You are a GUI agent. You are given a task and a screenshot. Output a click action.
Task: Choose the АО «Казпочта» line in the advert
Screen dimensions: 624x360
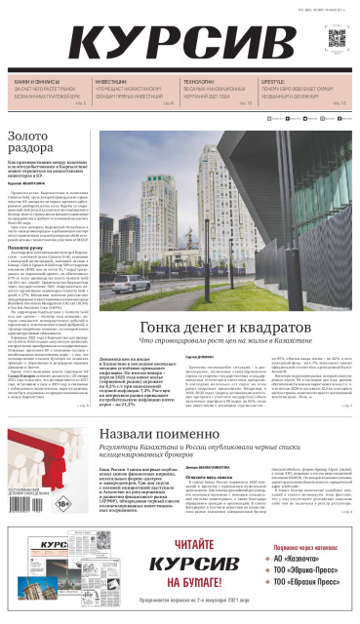312,558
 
